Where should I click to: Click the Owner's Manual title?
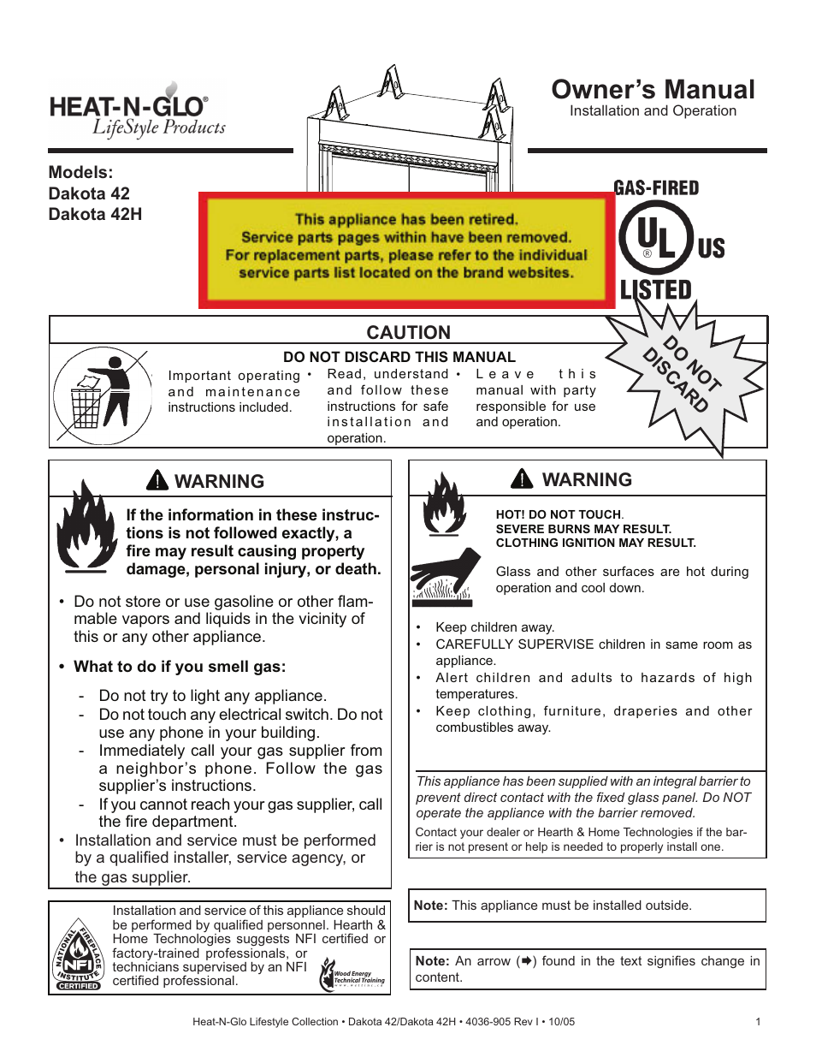653,90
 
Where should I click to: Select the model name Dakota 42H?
95,214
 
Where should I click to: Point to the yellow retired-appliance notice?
406,248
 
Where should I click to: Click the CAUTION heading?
408,332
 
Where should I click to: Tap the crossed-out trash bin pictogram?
101,396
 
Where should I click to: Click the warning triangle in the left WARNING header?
157,480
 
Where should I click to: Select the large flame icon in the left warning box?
86,526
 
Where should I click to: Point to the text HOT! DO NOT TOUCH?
559,514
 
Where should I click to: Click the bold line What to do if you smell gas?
180,667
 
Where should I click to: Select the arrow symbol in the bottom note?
528,961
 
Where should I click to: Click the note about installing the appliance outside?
553,906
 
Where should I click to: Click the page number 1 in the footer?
758,1021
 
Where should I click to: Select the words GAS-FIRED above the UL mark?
656,188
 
